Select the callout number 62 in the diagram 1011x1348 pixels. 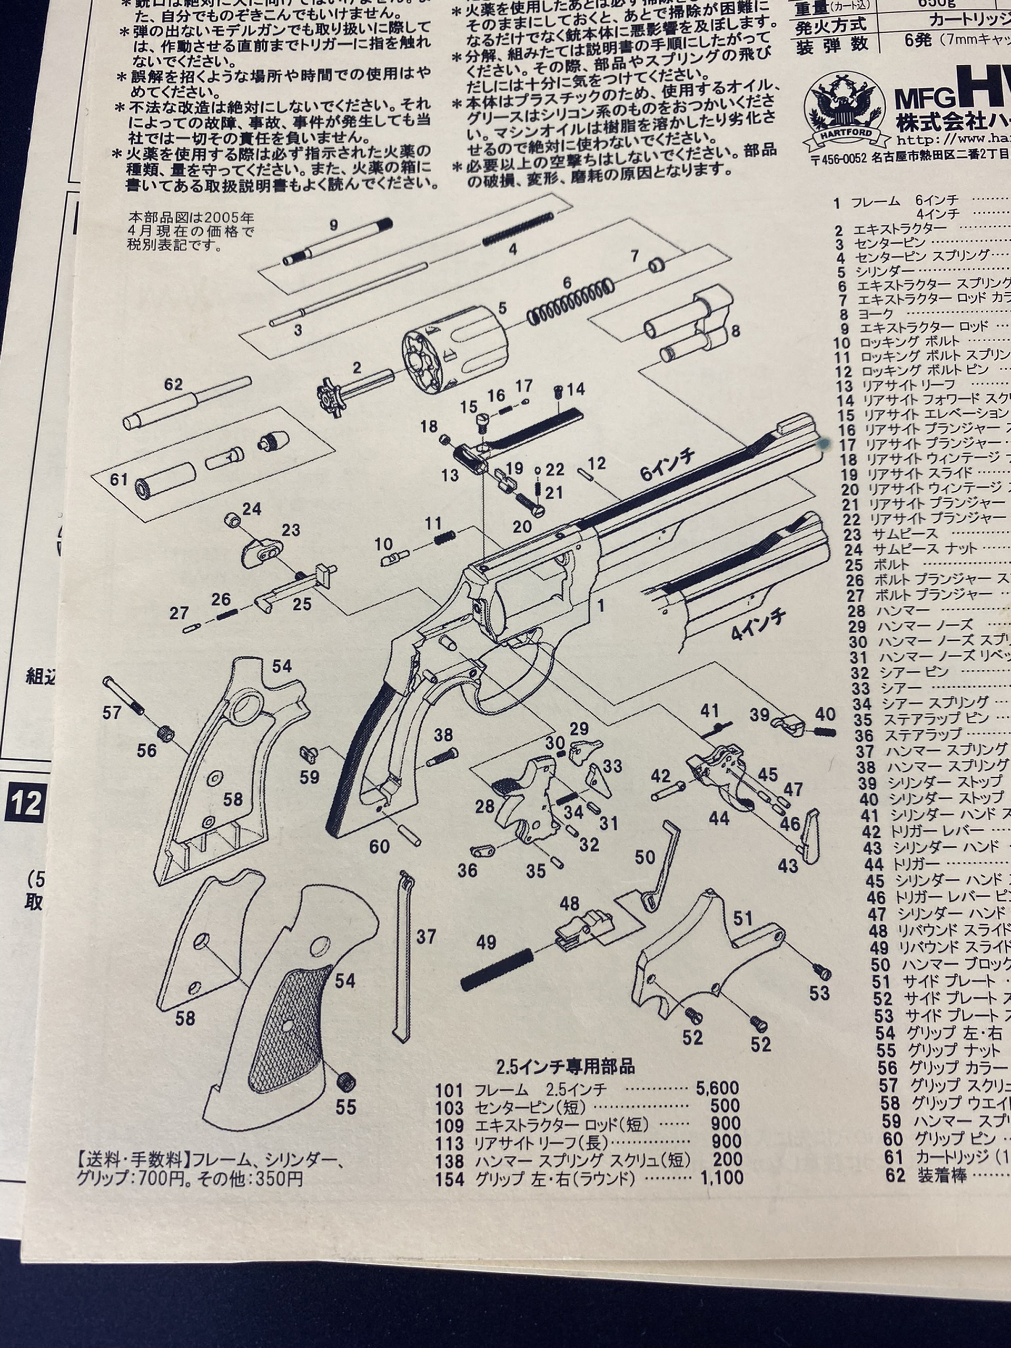click(x=173, y=384)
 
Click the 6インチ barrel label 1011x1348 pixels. click(x=668, y=466)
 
